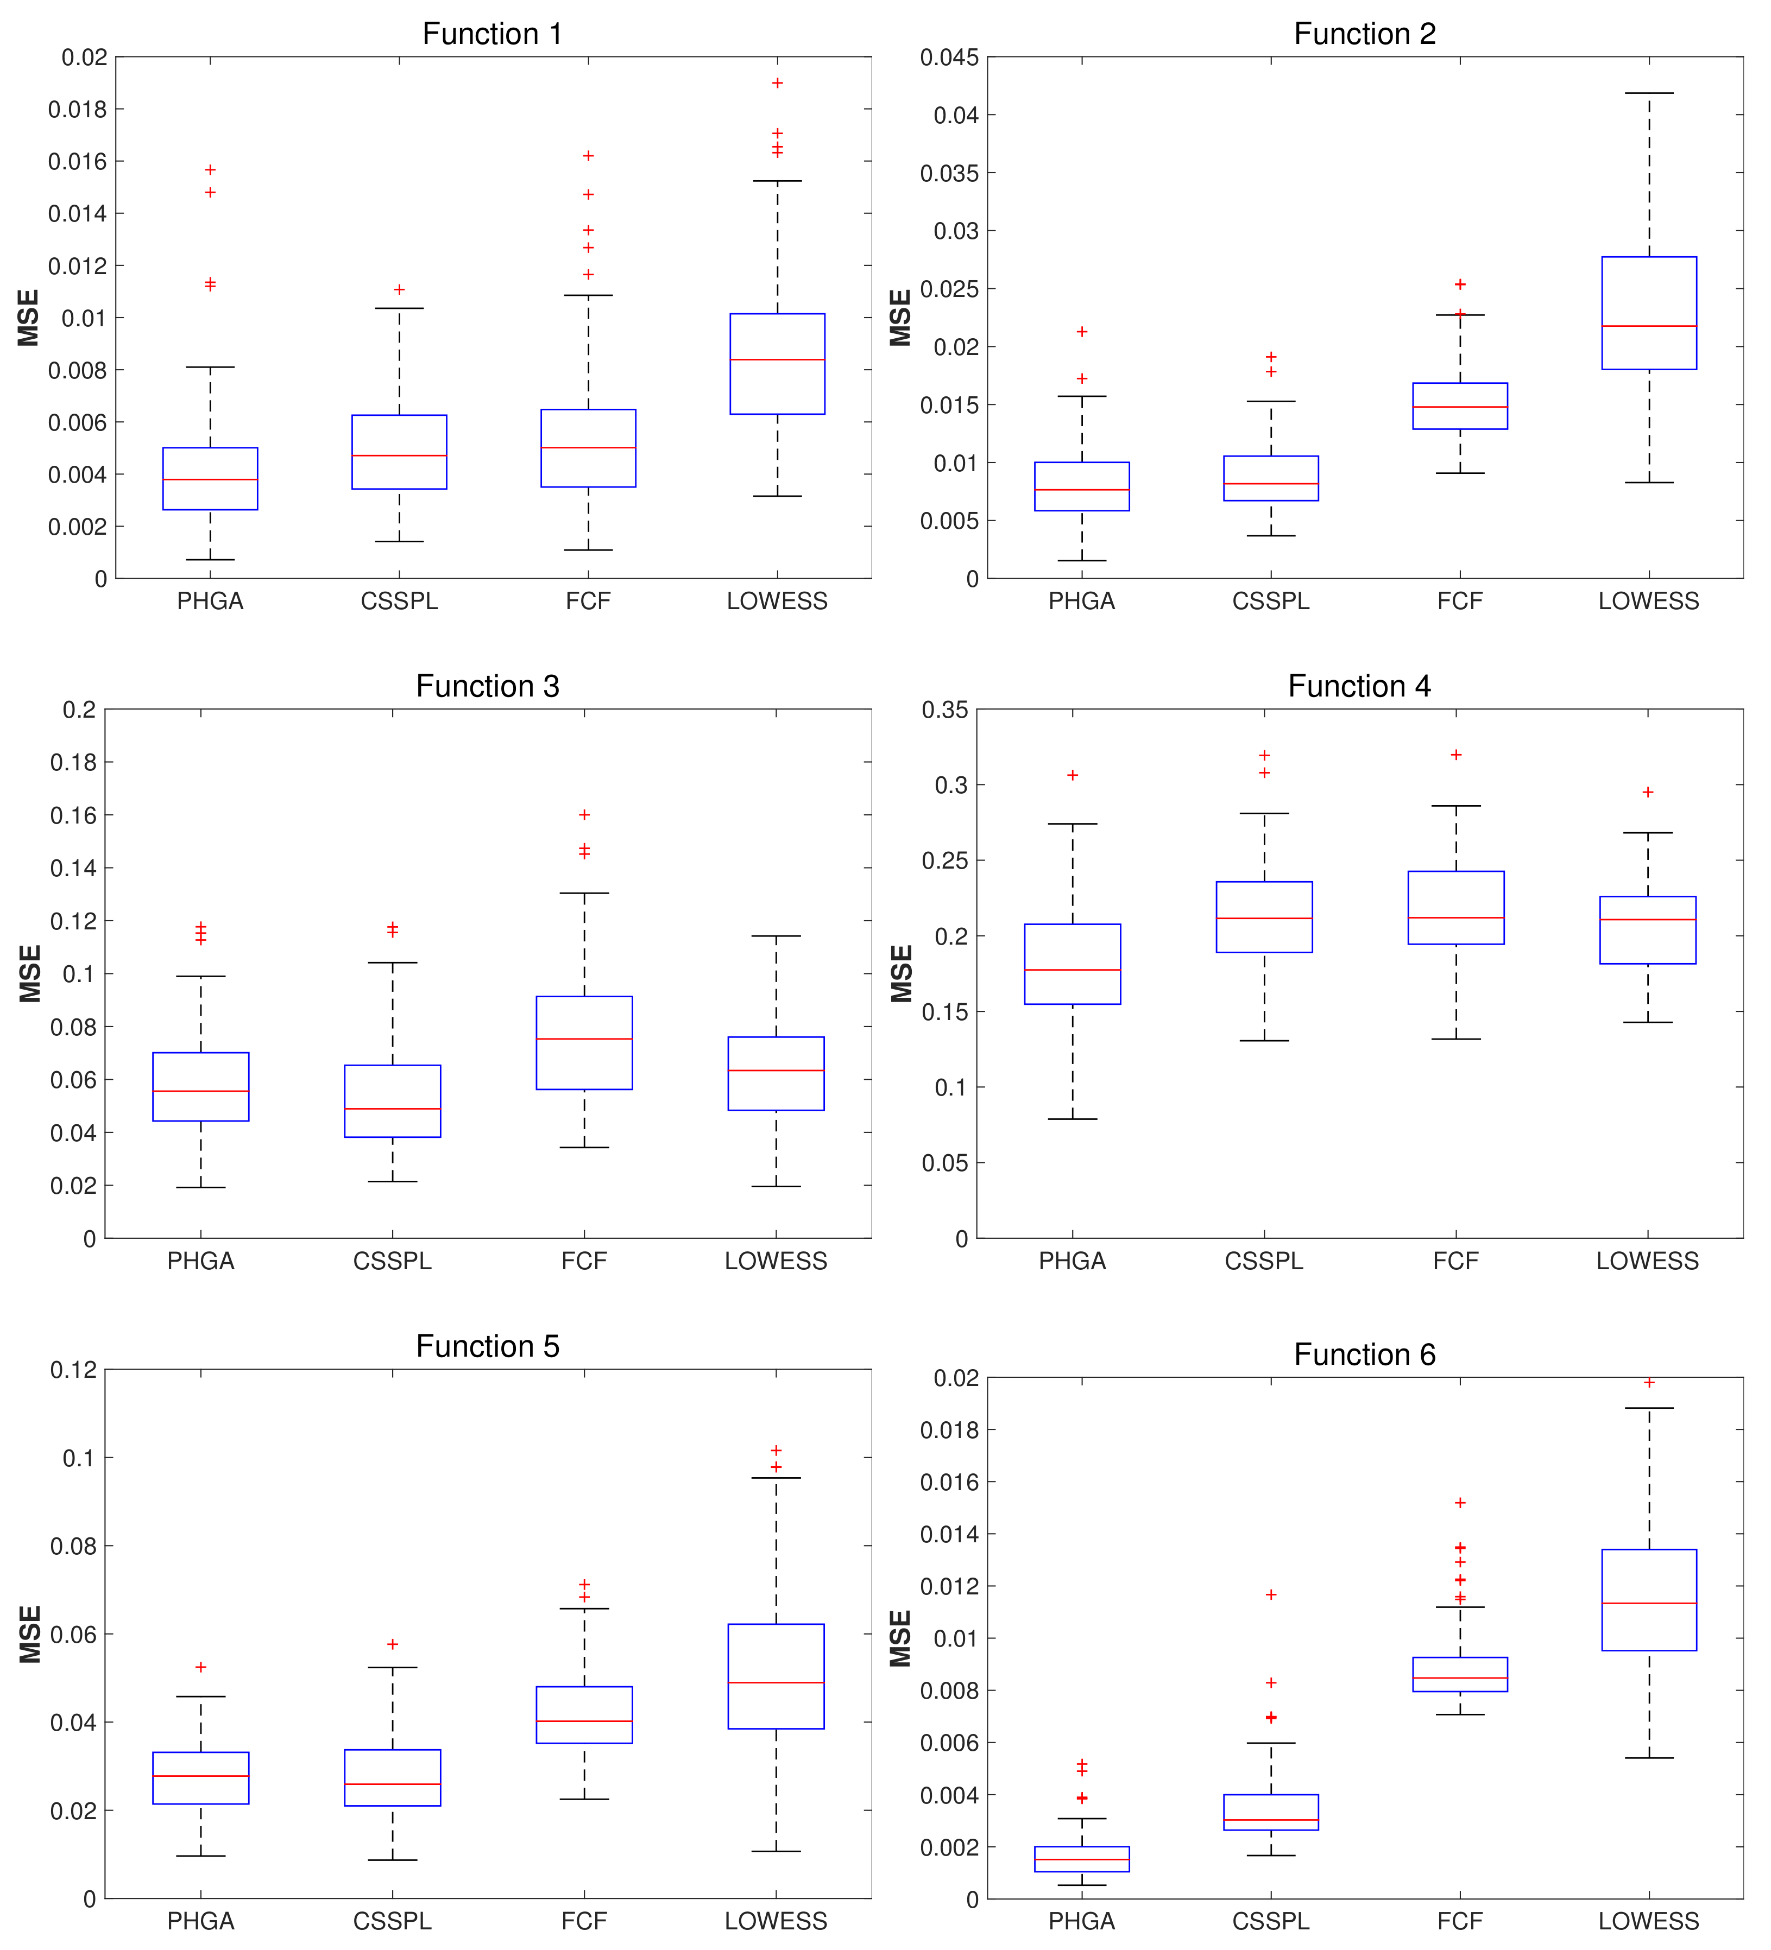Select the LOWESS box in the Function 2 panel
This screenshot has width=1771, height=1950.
1648,313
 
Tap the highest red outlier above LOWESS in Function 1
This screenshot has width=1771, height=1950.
777,83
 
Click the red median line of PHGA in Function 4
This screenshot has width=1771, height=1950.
1072,969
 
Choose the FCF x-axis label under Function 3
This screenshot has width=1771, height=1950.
584,1261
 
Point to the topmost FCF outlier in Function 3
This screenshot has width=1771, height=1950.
584,814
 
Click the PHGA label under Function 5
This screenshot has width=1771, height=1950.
200,1921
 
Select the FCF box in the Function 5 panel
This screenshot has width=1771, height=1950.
584,1715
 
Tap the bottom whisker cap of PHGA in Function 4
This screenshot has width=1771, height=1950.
1072,1119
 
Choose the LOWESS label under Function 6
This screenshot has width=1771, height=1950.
1648,1921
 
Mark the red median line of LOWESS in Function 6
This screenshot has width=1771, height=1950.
1648,1604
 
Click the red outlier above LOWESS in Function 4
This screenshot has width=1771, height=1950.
1648,792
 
